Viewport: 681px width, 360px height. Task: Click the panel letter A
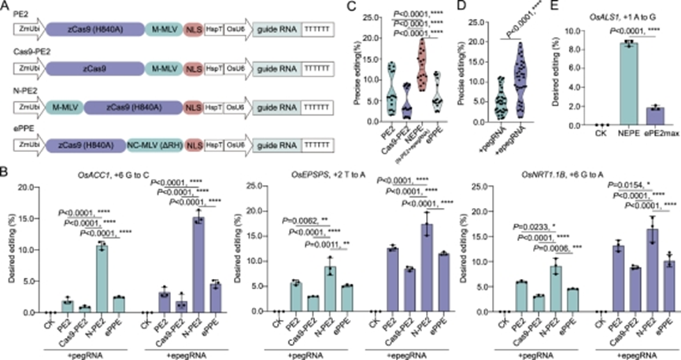coord(6,6)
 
